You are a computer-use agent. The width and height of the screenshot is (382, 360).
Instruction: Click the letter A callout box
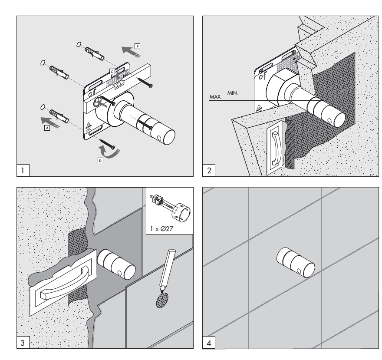[x=47, y=128]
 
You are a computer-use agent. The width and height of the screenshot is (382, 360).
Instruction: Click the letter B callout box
[x=138, y=46]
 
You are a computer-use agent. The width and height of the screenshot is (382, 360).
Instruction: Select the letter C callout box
[x=112, y=71]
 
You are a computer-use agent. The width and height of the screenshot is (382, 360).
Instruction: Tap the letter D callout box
[x=100, y=160]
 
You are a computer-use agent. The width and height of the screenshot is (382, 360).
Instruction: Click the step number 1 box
[x=23, y=170]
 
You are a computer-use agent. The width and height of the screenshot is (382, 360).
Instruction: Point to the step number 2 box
[x=209, y=170]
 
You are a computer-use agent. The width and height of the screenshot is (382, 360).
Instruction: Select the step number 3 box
[x=23, y=343]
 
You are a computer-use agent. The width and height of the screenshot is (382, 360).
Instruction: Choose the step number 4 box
[x=209, y=343]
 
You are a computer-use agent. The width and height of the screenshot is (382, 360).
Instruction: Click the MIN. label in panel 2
[x=233, y=93]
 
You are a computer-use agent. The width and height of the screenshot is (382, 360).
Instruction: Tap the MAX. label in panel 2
[x=216, y=97]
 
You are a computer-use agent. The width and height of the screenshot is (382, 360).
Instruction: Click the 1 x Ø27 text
[x=162, y=228]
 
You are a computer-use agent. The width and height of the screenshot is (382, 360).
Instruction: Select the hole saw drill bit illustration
[x=171, y=208]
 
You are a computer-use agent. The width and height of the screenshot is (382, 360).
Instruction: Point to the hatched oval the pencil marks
[x=162, y=300]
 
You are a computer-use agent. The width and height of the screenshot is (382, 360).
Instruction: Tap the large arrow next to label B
[x=131, y=52]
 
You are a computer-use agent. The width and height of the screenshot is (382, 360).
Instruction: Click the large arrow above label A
[x=50, y=122]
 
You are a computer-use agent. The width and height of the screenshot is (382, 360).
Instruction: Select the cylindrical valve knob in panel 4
[x=296, y=262]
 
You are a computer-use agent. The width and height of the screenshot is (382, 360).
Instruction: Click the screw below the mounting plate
[x=107, y=144]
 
